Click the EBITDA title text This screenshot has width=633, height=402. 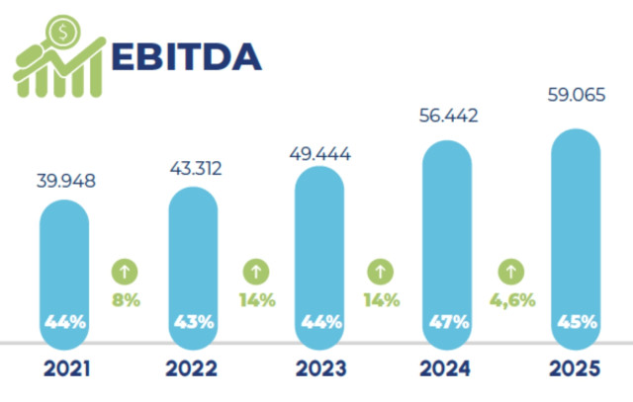[187, 56]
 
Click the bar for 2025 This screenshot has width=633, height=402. [576, 237]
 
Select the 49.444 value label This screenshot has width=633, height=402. [319, 154]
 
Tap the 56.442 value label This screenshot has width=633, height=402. [447, 117]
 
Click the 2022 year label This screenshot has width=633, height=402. [192, 370]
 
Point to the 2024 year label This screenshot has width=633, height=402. [447, 370]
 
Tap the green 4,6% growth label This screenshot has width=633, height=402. [511, 297]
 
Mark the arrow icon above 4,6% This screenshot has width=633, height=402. [511, 270]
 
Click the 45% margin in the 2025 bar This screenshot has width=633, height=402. [576, 322]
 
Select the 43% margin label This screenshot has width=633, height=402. [192, 322]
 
